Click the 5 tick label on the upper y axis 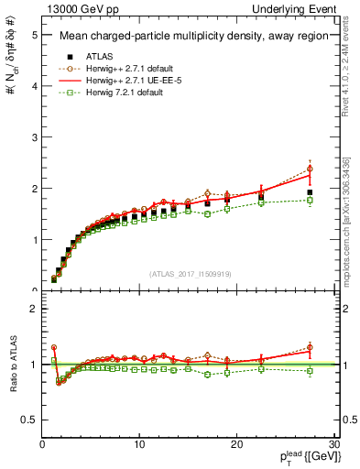pyautogui.click(x=34, y=35)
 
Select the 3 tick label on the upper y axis pyautogui.click(x=34, y=137)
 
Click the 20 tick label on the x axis pyautogui.click(x=236, y=445)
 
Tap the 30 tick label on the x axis pyautogui.click(x=333, y=445)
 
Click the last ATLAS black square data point pyautogui.click(x=310, y=193)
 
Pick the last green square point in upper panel pyautogui.click(x=310, y=200)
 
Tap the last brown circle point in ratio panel pyautogui.click(x=310, y=347)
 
